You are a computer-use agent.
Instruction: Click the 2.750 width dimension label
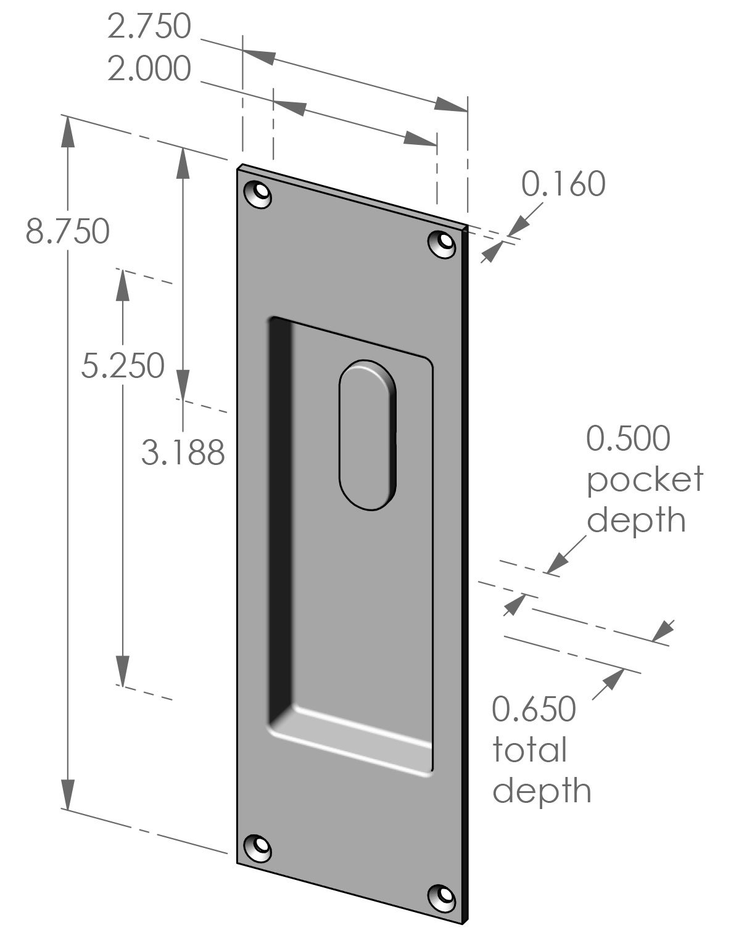pyautogui.click(x=149, y=27)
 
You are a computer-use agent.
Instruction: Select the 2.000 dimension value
pyautogui.click(x=149, y=68)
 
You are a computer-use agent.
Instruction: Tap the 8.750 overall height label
pyautogui.click(x=67, y=232)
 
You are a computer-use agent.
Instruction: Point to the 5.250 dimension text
pyautogui.click(x=123, y=366)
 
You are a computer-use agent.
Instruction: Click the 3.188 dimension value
pyautogui.click(x=183, y=453)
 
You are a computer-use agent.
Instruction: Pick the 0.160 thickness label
pyautogui.click(x=563, y=184)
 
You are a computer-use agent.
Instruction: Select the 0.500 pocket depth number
pyautogui.click(x=627, y=438)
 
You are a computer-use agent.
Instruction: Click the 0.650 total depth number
pyautogui.click(x=534, y=709)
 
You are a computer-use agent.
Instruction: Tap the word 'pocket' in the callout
pyautogui.click(x=644, y=479)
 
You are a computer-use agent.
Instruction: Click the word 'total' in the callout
pyautogui.click(x=529, y=750)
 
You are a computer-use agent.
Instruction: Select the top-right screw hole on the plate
pyautogui.click(x=442, y=243)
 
